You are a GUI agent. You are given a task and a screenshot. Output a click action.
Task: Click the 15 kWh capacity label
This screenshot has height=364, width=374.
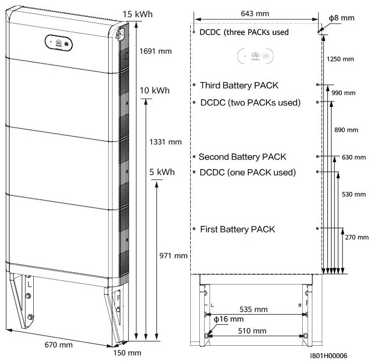[x=138, y=14]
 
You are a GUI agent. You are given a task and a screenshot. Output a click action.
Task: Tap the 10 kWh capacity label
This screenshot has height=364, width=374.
[x=154, y=91]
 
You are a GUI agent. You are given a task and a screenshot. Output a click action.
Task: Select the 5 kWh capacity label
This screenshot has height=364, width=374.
[x=162, y=172]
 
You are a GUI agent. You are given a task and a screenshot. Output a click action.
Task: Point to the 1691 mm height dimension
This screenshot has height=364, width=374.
[x=155, y=51]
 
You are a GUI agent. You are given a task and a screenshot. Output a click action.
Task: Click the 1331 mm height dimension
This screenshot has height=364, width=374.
[x=166, y=142]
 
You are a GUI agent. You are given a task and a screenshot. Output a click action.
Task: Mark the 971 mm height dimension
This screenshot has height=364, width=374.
[x=174, y=256]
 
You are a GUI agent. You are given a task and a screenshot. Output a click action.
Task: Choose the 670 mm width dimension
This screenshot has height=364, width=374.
[x=59, y=345]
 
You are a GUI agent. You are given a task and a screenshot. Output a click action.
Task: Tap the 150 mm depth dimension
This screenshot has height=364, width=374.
[x=127, y=353]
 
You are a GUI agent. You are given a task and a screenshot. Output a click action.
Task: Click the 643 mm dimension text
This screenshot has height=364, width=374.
[x=255, y=13]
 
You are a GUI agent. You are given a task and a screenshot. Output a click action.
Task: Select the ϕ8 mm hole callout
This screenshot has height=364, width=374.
[x=341, y=18]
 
